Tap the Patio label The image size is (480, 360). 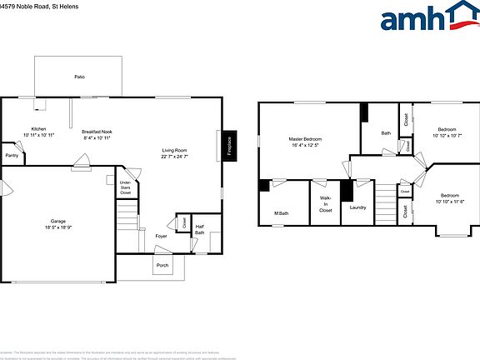pyautogui.click(x=79, y=77)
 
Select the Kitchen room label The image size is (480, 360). pyautogui.click(x=38, y=132)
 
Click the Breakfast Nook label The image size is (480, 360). pyautogui.click(x=97, y=135)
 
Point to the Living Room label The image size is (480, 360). pyautogui.click(x=175, y=153)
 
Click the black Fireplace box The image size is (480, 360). pyautogui.click(x=229, y=145)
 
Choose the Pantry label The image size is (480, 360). pyautogui.click(x=12, y=156)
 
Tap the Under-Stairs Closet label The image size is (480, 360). pyautogui.click(x=125, y=187)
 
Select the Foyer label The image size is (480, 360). pyautogui.click(x=161, y=236)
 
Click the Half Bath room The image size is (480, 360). pyautogui.click(x=200, y=229)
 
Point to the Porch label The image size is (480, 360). pyautogui.click(x=162, y=265)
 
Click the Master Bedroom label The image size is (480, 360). pyautogui.click(x=306, y=142)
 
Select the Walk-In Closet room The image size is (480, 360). pyautogui.click(x=325, y=204)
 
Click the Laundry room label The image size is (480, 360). pyautogui.click(x=358, y=207)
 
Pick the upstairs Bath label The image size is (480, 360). pyautogui.click(x=386, y=133)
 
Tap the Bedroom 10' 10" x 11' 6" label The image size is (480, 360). pyautogui.click(x=449, y=198)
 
